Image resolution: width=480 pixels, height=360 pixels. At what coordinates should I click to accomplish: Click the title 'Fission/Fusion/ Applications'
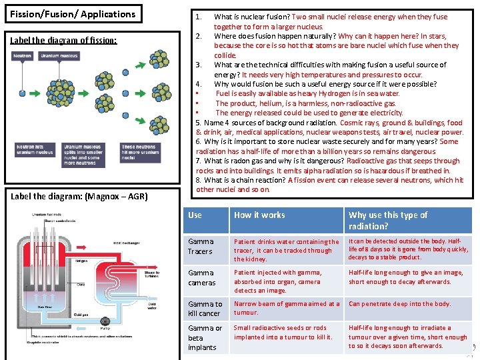tap(73, 14)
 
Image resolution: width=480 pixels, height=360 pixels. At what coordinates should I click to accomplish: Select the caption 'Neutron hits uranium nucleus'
tap(35, 149)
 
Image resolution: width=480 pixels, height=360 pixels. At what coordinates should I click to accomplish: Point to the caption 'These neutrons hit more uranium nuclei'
tap(140, 152)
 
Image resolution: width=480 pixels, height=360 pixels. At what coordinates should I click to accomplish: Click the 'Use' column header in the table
tap(195, 215)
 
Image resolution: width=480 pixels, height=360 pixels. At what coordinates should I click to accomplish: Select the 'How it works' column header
tap(259, 215)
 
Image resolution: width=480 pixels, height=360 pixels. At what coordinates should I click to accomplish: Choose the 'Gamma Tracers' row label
tap(201, 247)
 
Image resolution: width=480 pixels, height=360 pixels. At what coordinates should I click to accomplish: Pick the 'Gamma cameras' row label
tap(201, 277)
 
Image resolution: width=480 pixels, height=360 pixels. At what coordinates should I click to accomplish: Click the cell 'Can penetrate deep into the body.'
tap(399, 304)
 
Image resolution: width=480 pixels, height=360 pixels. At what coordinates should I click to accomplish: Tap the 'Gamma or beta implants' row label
tap(205, 337)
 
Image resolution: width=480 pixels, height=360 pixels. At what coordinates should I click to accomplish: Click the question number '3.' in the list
tap(199, 65)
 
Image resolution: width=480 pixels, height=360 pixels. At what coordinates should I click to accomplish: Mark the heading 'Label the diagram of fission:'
tap(63, 41)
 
